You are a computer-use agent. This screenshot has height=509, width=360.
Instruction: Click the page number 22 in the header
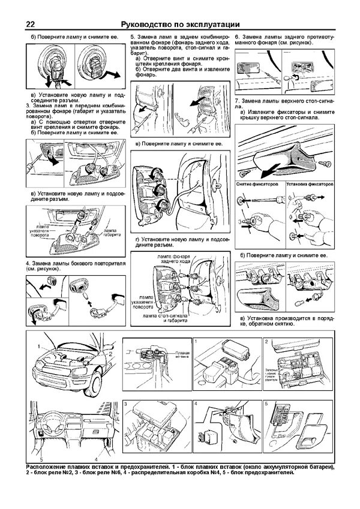tap(30, 24)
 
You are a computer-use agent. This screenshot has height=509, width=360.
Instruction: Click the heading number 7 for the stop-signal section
tap(238, 98)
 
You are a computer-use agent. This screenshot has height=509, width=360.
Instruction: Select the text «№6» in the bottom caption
tap(134, 474)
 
